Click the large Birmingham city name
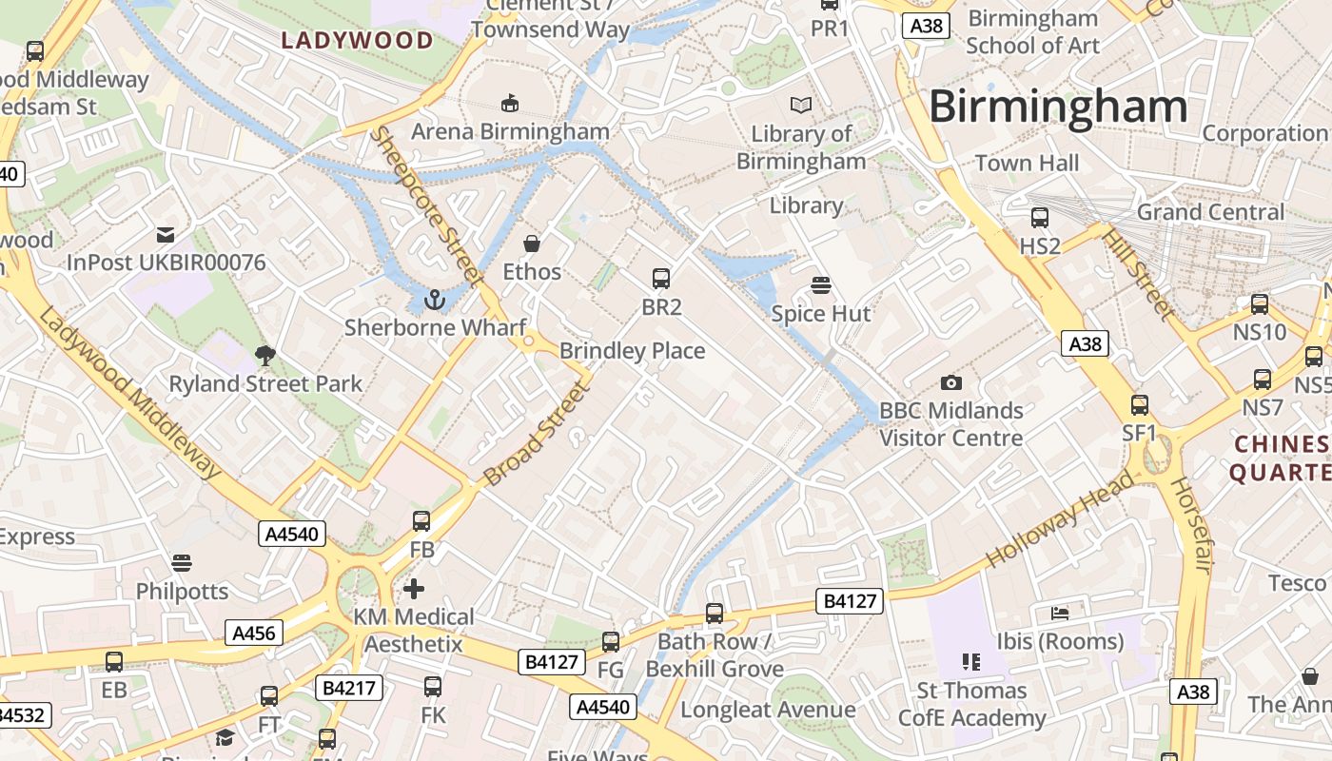click(1058, 106)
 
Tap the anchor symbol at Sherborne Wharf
click(435, 300)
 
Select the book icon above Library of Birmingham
click(802, 105)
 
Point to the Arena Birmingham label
click(510, 131)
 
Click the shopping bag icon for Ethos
click(532, 244)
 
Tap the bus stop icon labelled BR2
click(661, 279)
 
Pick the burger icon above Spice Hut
click(821, 285)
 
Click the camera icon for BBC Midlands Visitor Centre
click(950, 382)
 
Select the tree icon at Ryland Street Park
click(265, 356)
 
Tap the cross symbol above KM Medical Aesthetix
click(414, 588)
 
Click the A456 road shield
click(254, 633)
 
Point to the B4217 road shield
click(349, 688)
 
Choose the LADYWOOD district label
click(358, 40)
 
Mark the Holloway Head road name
click(1061, 518)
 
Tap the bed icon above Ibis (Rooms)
click(1060, 613)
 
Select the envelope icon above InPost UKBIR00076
click(166, 234)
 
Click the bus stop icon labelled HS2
click(1040, 218)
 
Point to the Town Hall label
click(1027, 164)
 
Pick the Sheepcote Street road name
click(426, 205)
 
